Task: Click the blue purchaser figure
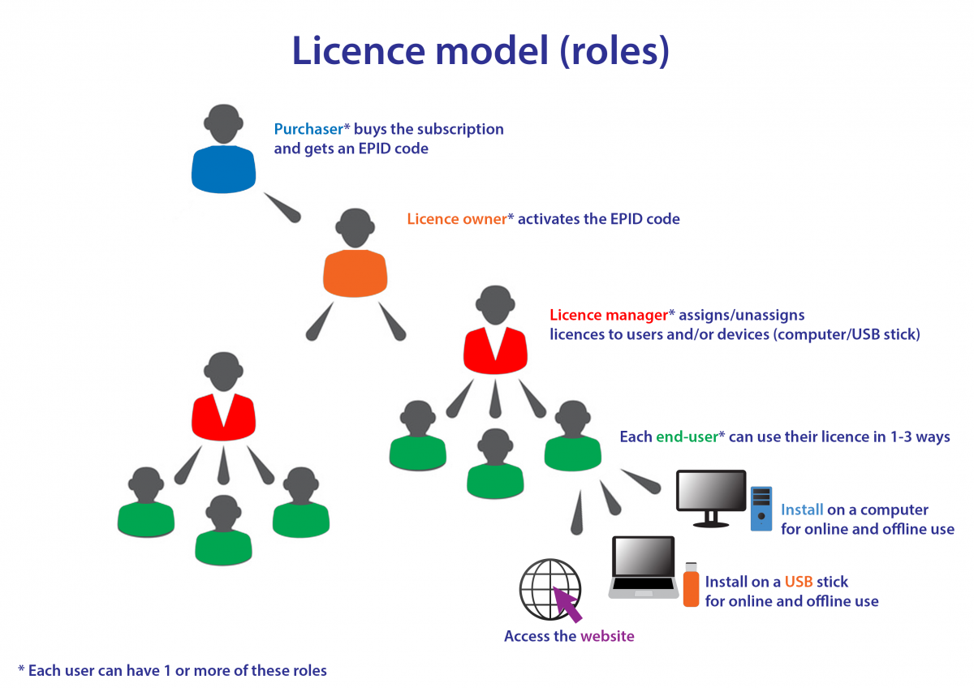(224, 154)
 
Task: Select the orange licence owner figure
(355, 260)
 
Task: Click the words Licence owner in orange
(456, 219)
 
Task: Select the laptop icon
(643, 567)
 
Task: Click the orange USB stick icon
(691, 585)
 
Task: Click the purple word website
(607, 636)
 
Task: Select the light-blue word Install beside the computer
(802, 510)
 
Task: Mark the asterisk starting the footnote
(21, 669)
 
